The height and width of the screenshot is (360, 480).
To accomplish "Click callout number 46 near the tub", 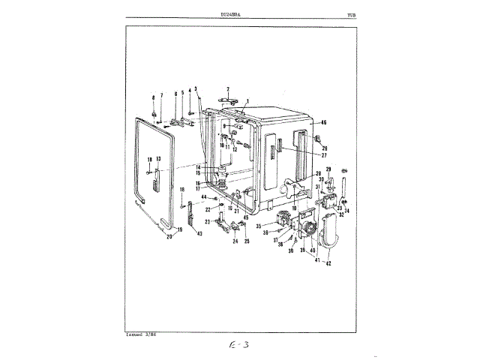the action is click(324, 122).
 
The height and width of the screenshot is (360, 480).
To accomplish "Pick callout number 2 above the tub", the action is click(228, 89).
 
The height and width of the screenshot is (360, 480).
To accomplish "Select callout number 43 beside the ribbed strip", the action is click(199, 233).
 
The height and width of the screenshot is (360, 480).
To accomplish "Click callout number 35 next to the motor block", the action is click(257, 225).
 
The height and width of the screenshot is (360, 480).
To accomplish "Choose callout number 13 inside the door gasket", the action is click(158, 160).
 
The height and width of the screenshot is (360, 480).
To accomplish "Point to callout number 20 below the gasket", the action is click(169, 237).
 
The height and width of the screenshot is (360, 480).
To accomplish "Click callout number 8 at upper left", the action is click(153, 98).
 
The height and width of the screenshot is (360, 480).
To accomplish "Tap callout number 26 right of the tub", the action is click(325, 148).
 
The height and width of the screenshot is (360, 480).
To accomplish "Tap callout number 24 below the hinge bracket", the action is click(234, 241).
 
